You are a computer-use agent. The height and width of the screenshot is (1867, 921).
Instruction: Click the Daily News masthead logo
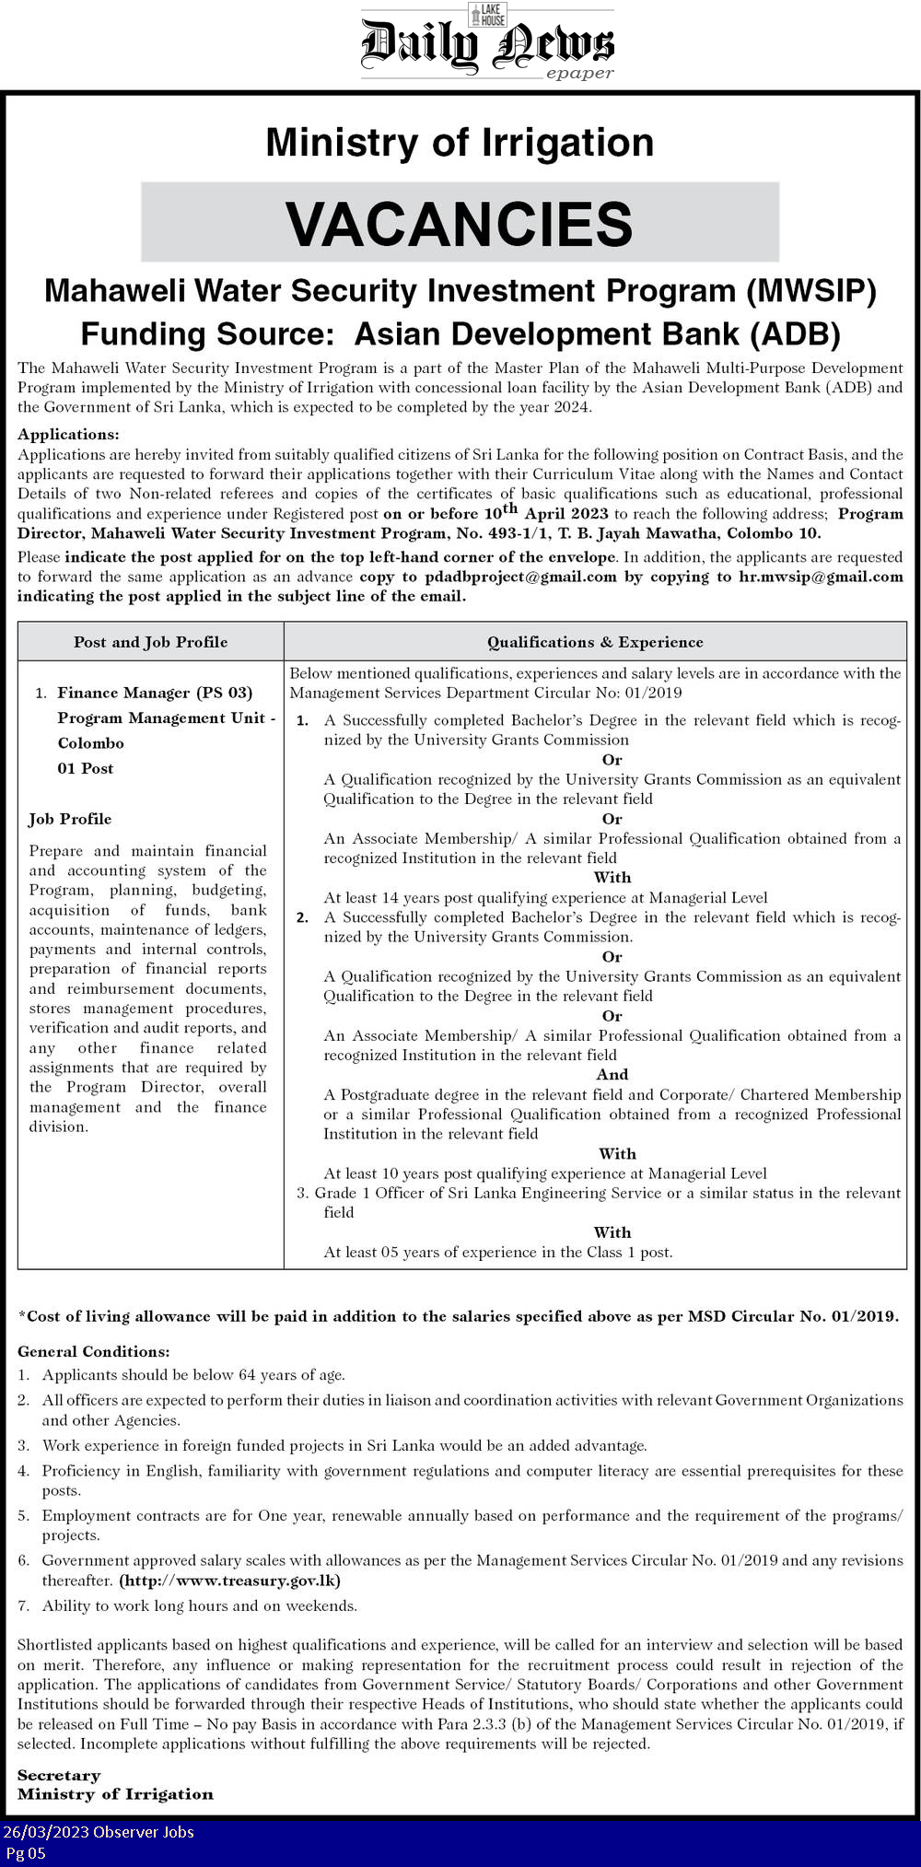[x=487, y=42]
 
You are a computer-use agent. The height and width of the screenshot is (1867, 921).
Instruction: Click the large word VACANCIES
[x=460, y=224]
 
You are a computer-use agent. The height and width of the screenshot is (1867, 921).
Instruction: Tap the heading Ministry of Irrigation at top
[x=460, y=143]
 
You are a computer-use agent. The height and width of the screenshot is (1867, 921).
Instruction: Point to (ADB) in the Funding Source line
[x=796, y=333]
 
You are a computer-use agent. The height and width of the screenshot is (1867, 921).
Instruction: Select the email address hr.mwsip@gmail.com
[x=821, y=577]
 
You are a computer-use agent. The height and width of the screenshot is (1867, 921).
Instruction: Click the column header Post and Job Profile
[x=151, y=642]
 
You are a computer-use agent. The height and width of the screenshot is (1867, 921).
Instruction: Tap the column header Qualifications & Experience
[x=595, y=642]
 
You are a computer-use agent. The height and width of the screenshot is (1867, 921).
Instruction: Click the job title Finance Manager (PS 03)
[x=155, y=693]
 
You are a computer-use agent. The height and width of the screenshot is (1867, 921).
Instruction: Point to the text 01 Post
[x=86, y=768]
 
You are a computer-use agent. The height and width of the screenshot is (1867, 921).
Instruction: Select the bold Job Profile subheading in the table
[x=70, y=819]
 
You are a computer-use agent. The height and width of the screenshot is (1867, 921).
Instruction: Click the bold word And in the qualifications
[x=612, y=1074]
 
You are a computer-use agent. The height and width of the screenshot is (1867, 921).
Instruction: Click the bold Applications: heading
[x=68, y=434]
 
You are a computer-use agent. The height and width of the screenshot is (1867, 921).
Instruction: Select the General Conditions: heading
[x=94, y=1351]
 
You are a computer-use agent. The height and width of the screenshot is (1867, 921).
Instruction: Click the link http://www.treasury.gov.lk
[x=230, y=1581]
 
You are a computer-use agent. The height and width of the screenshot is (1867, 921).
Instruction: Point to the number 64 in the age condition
[x=247, y=1375]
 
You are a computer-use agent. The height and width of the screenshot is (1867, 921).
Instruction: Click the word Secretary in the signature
[x=59, y=1775]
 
